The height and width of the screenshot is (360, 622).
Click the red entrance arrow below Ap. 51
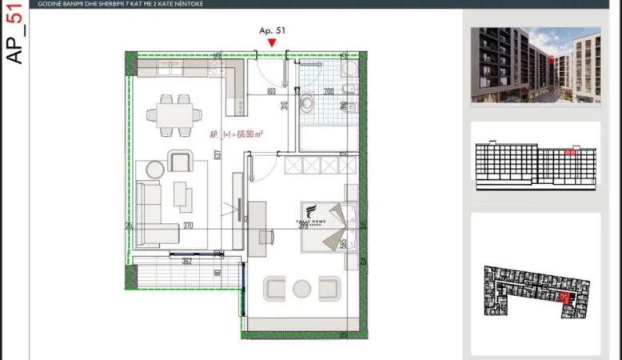pyautogui.click(x=273, y=42)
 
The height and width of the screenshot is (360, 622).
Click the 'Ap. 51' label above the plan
pyautogui.click(x=273, y=30)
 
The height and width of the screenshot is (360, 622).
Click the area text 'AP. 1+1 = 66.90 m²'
pyautogui.click(x=237, y=135)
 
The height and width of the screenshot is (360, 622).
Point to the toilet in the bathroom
pyautogui.click(x=309, y=101)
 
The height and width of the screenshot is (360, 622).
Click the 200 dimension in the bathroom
pyautogui.click(x=329, y=91)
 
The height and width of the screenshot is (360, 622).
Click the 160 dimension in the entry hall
pyautogui.click(x=270, y=91)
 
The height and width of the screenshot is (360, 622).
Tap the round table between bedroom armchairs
pyautogui.click(x=302, y=289)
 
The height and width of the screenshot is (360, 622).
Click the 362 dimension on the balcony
pyautogui.click(x=185, y=260)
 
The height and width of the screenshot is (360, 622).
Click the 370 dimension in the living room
pyautogui.click(x=188, y=226)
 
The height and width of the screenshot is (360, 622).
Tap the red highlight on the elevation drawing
pyautogui.click(x=569, y=150)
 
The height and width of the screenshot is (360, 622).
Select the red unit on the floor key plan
pyautogui.click(x=566, y=299)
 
